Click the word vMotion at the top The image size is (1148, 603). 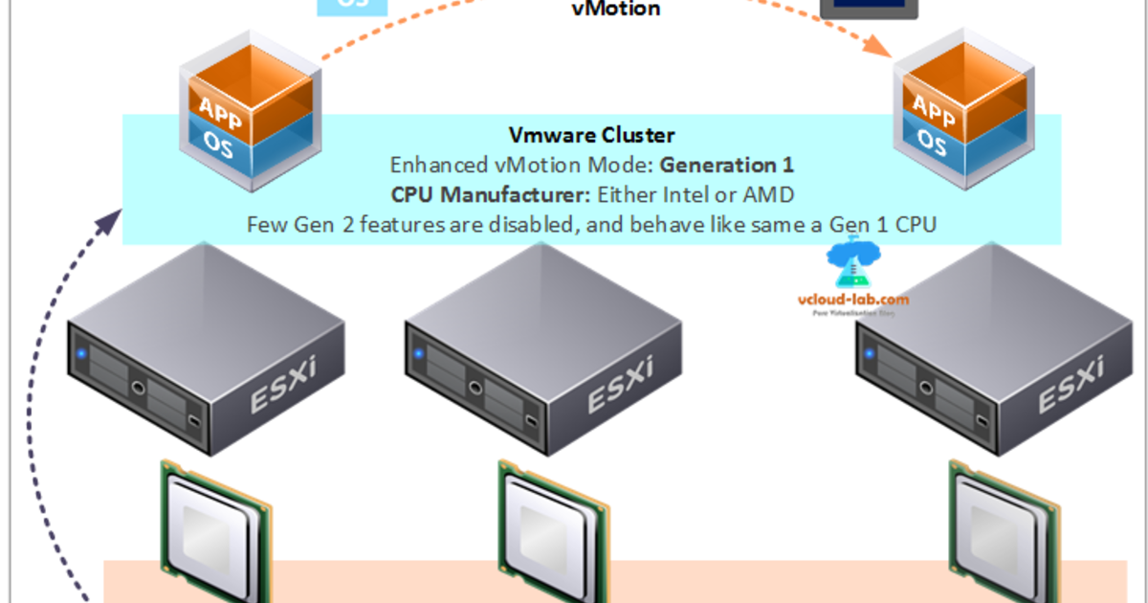tap(616, 10)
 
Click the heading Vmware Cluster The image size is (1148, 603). tap(592, 135)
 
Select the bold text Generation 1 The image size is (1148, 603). tap(727, 165)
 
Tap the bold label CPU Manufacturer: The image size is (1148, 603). tap(492, 194)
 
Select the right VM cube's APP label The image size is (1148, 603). tap(932, 107)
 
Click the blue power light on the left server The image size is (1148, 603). tap(82, 355)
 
